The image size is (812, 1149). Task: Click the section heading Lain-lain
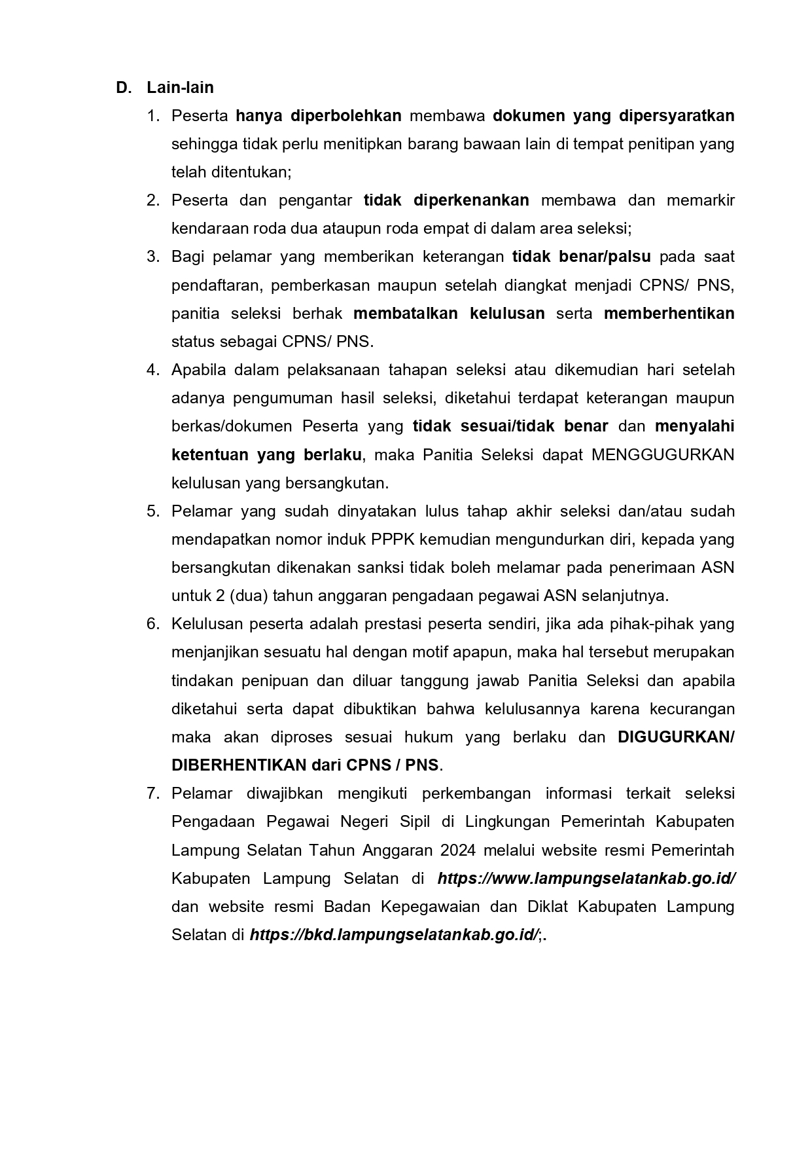pyautogui.click(x=180, y=88)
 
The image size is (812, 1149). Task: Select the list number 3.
pyautogui.click(x=153, y=257)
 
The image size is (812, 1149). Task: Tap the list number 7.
pyautogui.click(x=153, y=793)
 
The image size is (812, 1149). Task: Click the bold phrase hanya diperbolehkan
pyautogui.click(x=318, y=116)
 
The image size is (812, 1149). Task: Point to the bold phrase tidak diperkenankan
pyautogui.click(x=446, y=200)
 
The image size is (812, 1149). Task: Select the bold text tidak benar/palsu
pyautogui.click(x=581, y=257)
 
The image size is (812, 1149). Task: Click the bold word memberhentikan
pyautogui.click(x=669, y=314)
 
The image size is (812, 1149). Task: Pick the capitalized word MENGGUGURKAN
pyautogui.click(x=663, y=455)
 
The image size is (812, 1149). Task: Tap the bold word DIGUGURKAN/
pyautogui.click(x=676, y=737)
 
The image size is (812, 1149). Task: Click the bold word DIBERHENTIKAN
pyautogui.click(x=239, y=765)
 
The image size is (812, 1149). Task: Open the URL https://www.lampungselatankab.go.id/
pyautogui.click(x=586, y=879)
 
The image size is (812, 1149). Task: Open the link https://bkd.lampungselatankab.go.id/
pyautogui.click(x=393, y=935)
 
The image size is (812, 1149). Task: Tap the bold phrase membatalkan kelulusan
pyautogui.click(x=449, y=314)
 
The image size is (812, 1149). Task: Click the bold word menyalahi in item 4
pyautogui.click(x=694, y=427)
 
